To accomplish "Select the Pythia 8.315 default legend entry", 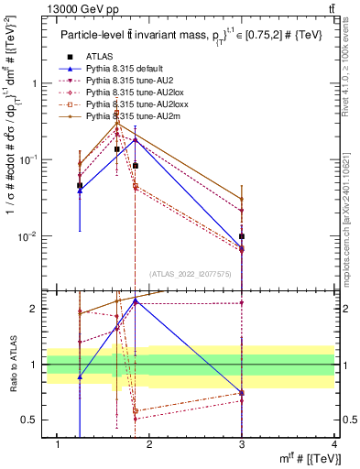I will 119,69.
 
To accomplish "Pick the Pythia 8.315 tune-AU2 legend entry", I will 123,81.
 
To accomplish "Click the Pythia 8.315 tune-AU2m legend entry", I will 125,116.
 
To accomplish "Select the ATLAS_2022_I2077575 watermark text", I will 191,273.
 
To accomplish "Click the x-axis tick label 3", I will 242,445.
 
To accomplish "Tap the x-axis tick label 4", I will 333,445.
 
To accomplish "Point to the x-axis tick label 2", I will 150,445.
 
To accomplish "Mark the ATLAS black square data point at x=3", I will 242,236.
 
